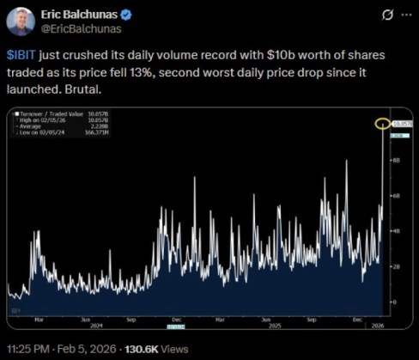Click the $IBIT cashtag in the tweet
click(x=21, y=54)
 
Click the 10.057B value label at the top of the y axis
click(x=402, y=124)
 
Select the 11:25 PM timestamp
click(x=26, y=350)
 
